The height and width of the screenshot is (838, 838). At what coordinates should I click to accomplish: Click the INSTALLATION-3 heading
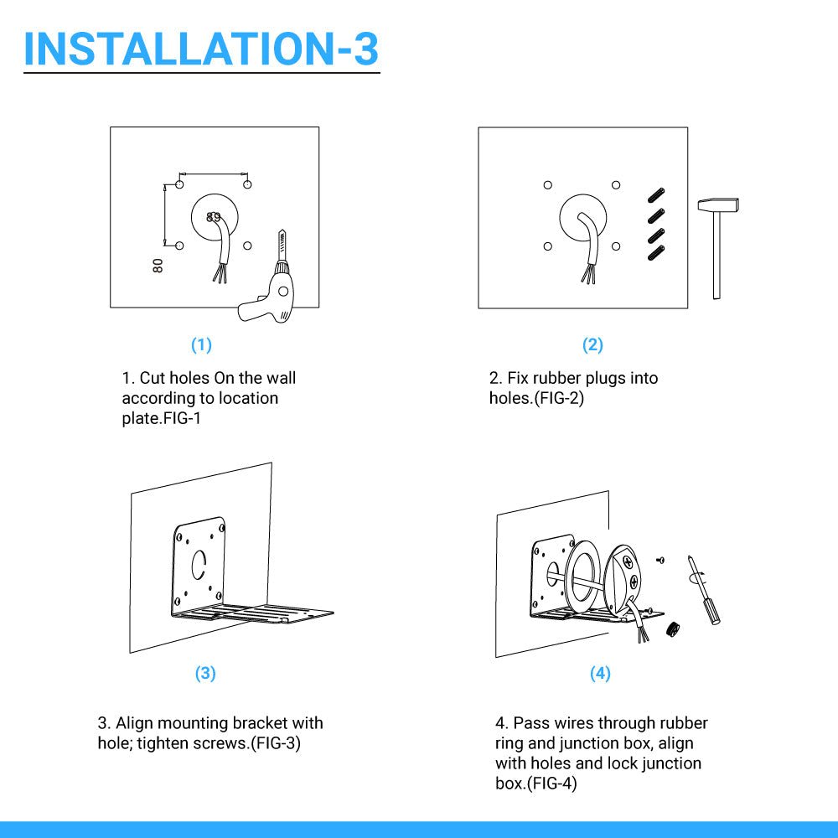tap(201, 49)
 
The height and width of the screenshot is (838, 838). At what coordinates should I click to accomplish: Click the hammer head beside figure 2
tap(718, 204)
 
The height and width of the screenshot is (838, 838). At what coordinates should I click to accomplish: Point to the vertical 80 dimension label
tap(158, 266)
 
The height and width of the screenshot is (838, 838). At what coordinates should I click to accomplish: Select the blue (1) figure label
tap(201, 344)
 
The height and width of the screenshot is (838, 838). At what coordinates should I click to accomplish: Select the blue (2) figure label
tap(592, 344)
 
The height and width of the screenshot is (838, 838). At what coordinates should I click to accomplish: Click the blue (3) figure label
tap(205, 673)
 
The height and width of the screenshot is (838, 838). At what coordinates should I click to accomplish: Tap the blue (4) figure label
tap(600, 673)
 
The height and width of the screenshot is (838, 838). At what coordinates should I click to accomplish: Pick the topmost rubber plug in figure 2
tap(656, 195)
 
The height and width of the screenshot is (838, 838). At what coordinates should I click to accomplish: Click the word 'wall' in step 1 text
tap(281, 379)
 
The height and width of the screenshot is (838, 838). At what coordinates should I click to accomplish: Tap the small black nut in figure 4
tap(674, 629)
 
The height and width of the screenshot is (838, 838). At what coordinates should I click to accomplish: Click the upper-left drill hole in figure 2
tap(548, 185)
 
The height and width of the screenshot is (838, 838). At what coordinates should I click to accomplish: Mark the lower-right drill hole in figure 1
tap(247, 246)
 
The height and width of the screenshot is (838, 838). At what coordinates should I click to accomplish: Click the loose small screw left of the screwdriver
tap(660, 560)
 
